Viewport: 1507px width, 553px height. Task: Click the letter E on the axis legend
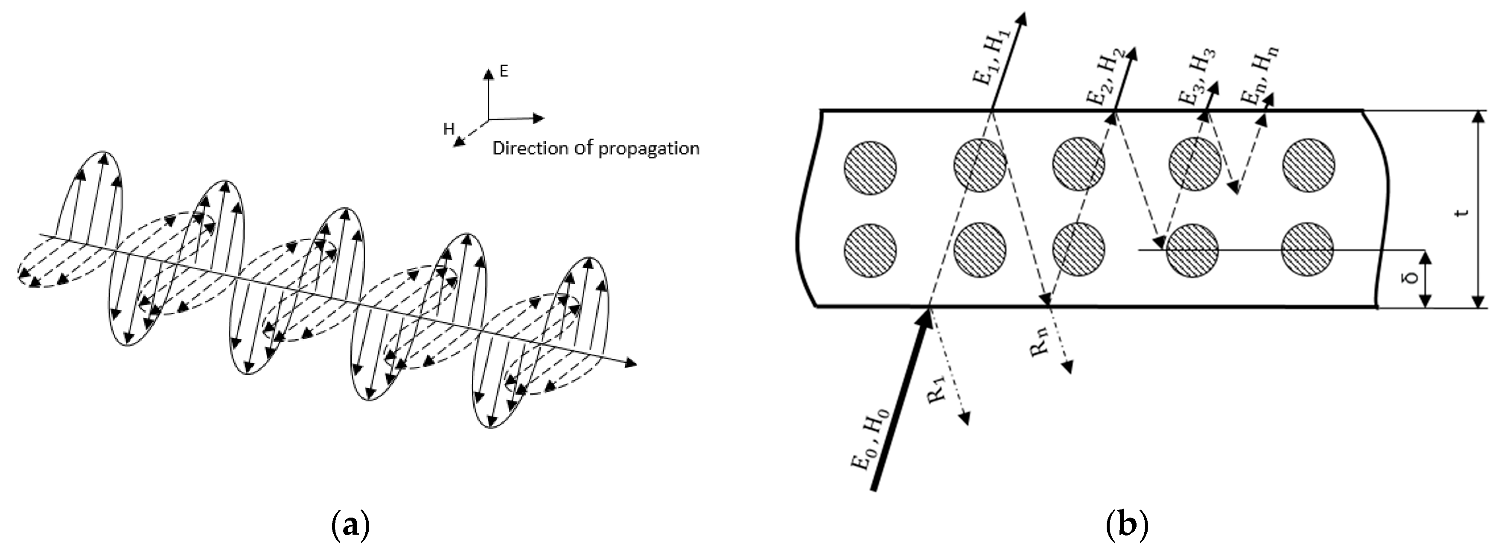(x=504, y=71)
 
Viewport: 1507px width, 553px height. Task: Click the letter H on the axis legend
(x=449, y=129)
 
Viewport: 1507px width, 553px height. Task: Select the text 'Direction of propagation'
(x=595, y=148)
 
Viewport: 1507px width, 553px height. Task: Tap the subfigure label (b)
(x=1127, y=526)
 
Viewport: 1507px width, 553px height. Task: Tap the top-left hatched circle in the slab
(x=870, y=167)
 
